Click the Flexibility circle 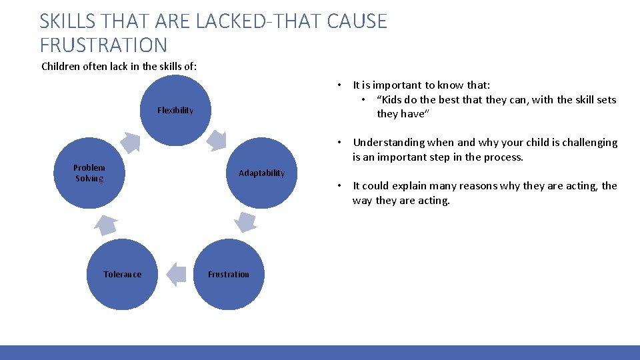point(175,111)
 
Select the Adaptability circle point(261,173)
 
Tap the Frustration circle point(229,274)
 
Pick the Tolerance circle point(122,274)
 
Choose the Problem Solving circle point(89,173)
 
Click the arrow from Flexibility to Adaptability point(217,139)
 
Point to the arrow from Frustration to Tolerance point(175,274)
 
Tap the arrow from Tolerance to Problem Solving point(105,225)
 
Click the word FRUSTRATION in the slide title point(103,45)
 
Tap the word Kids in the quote point(394,100)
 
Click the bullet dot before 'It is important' point(339,85)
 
